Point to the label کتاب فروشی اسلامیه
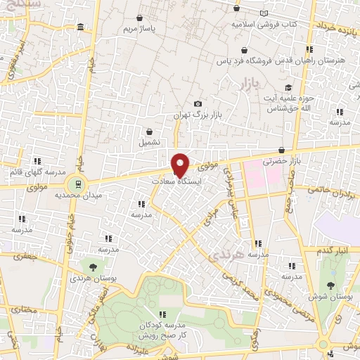click(265, 24)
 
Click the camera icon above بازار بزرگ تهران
click(198, 104)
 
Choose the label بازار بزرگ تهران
click(198, 115)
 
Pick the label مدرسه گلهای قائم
click(39, 172)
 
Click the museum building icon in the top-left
click(81, 27)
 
